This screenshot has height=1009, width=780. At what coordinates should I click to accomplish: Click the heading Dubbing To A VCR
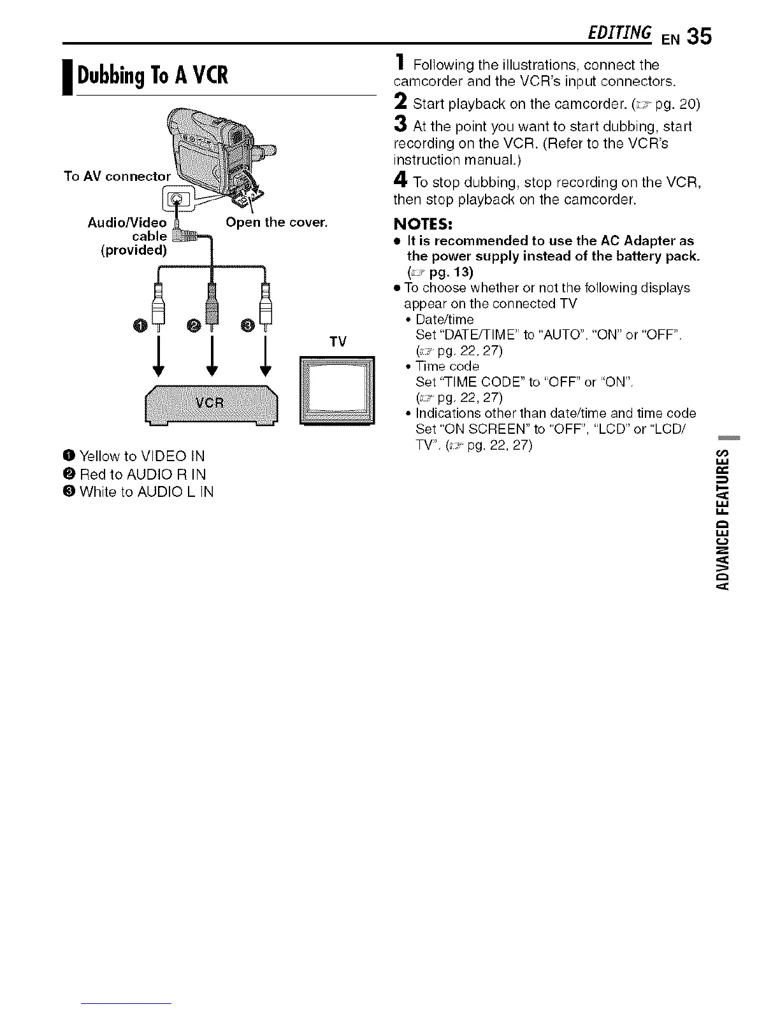pos(152,75)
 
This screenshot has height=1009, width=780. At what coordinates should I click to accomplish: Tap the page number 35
pos(699,36)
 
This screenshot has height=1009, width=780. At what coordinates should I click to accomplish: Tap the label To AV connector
pos(117,176)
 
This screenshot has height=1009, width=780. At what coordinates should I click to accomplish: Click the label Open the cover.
pos(277,222)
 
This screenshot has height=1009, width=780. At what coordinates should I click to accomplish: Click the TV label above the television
pos(338,342)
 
